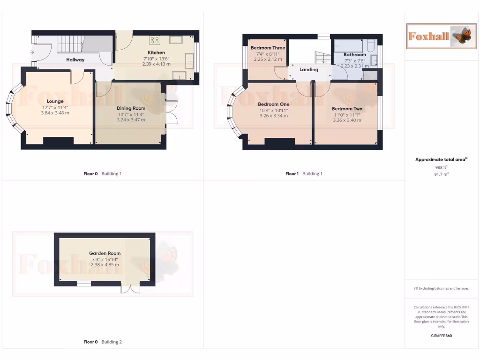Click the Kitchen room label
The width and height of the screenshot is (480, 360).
point(156,52)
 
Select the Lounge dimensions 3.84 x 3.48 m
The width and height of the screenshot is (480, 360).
point(55,112)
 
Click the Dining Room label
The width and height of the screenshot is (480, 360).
point(131,108)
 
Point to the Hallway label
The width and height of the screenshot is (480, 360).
point(75,60)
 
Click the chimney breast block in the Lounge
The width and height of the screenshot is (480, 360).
point(58,140)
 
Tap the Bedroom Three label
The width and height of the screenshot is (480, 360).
point(268,48)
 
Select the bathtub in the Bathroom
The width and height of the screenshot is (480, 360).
point(349,45)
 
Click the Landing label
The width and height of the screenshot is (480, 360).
point(309,69)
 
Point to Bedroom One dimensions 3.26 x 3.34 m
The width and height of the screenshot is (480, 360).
point(273,115)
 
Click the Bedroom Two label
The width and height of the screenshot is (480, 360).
point(347,109)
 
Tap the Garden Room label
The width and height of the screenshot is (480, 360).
point(105,253)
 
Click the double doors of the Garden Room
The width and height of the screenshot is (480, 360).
point(127,288)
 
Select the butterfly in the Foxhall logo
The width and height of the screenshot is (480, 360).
point(462,36)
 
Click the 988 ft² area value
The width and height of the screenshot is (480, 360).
point(441,167)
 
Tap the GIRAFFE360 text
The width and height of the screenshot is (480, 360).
point(441,336)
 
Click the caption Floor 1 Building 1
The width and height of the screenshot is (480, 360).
point(304,174)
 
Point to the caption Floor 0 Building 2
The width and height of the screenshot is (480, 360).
point(102,342)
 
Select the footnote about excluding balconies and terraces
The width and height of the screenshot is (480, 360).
point(441,288)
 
